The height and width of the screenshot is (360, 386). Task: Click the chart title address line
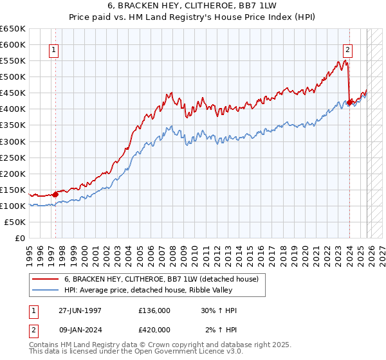(x=193, y=5)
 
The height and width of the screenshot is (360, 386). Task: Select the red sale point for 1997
(x=55, y=194)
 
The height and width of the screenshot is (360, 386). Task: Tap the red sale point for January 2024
(x=349, y=102)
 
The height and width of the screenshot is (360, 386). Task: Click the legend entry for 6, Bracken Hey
(x=161, y=279)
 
